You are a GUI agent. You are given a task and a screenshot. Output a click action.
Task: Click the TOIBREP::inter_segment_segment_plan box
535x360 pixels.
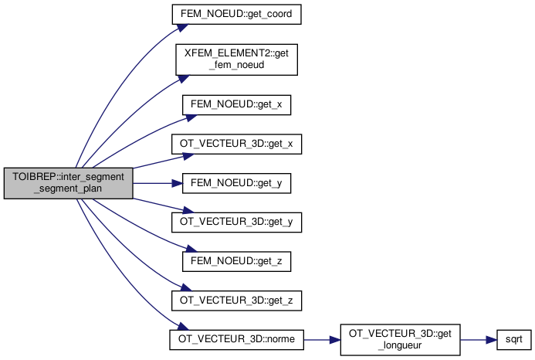(x=69, y=183)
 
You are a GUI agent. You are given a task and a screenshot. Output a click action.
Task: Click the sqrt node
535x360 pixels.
(x=509, y=339)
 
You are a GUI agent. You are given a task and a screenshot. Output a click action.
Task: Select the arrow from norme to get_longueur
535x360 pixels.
(x=320, y=339)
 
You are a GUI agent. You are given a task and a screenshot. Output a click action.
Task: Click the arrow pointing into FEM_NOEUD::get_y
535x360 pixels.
(x=154, y=183)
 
